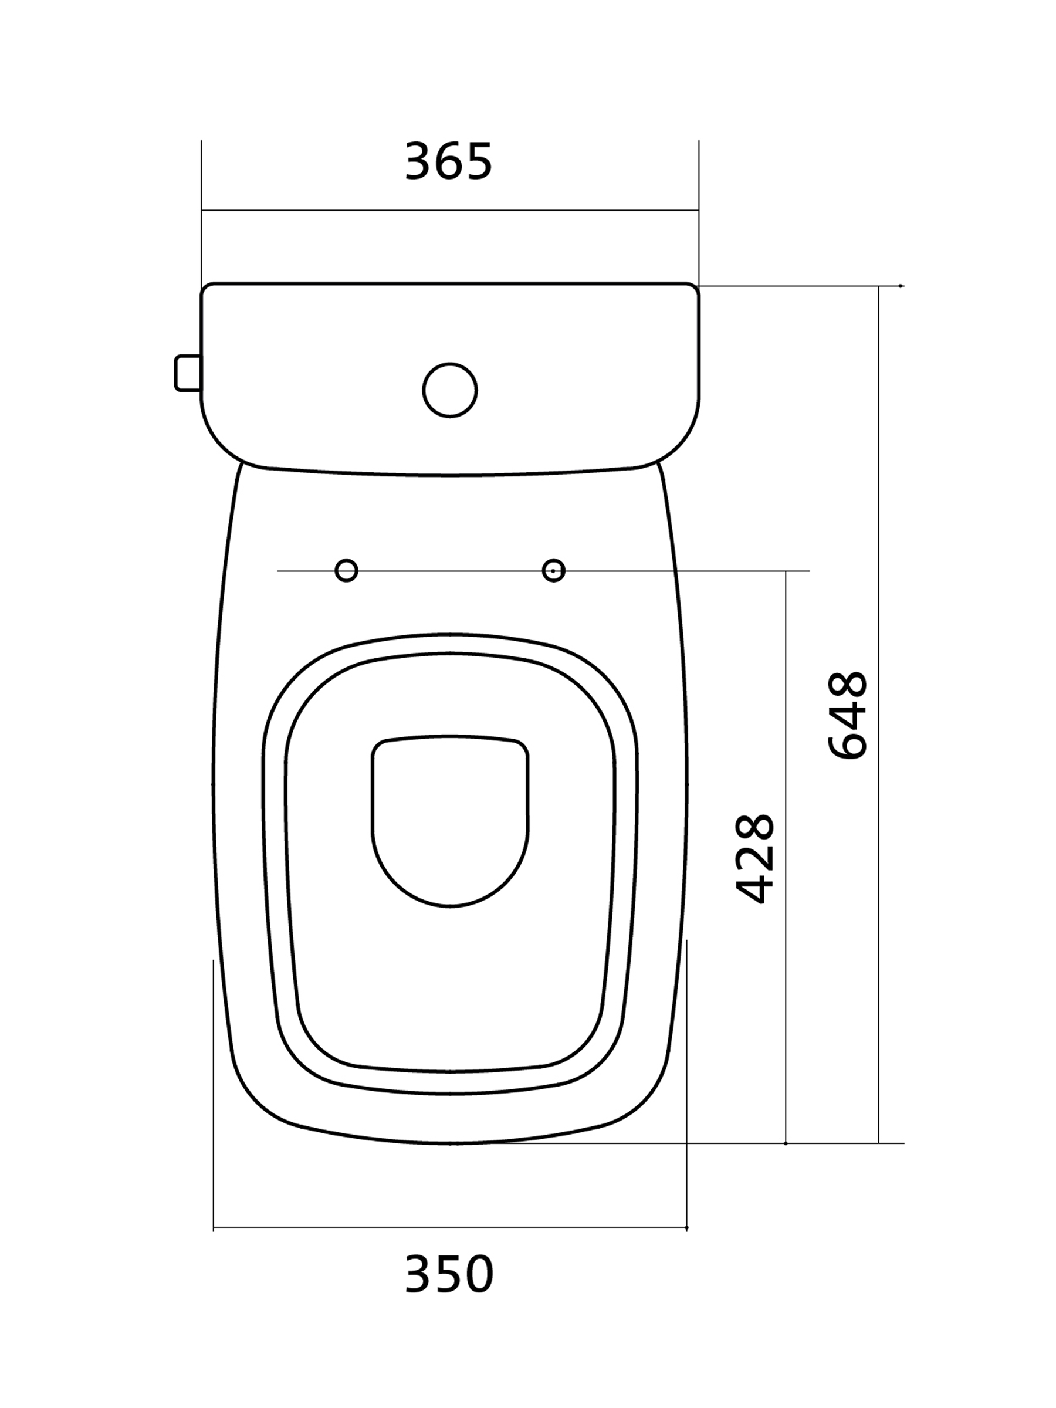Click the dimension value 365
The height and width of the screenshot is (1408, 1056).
click(448, 161)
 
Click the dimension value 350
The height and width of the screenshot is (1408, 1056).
click(449, 1274)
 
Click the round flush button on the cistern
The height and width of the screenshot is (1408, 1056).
click(450, 390)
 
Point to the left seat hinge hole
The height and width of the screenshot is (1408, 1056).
click(346, 570)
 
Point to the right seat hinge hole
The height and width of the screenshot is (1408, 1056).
click(554, 570)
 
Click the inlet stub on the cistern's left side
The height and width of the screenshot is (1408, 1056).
click(188, 373)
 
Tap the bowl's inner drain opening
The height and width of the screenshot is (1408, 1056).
click(450, 821)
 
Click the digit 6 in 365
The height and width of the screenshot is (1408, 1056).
click(449, 161)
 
